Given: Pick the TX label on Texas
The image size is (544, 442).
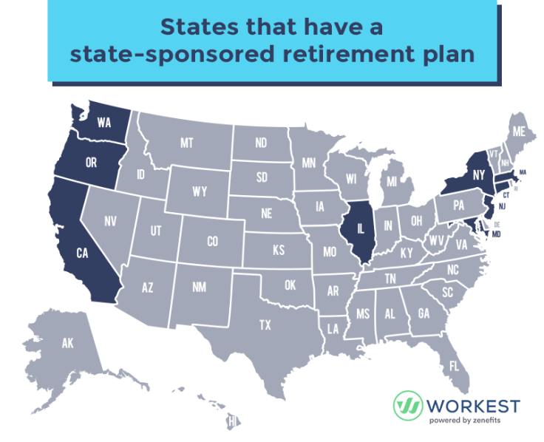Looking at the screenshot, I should (265, 324).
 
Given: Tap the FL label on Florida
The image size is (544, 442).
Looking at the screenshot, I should (453, 366).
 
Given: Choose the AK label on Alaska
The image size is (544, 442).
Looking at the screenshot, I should (68, 344).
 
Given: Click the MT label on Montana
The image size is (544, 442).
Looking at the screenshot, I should (186, 143).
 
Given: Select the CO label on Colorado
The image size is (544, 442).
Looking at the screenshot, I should (212, 242).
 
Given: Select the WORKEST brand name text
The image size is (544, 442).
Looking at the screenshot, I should (472, 406).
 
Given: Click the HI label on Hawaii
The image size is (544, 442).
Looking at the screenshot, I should (231, 421).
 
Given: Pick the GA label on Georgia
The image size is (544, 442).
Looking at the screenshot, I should (424, 313).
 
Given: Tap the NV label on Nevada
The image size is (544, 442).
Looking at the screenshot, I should (111, 220).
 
